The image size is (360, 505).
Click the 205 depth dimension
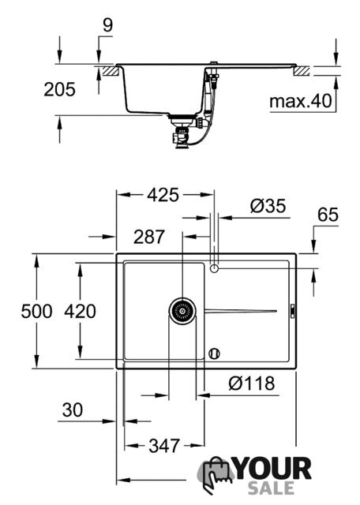[60, 89]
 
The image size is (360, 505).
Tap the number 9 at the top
[108, 24]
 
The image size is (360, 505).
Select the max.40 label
[300, 101]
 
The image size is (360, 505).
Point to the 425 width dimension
[163, 195]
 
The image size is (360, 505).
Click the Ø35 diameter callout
[268, 205]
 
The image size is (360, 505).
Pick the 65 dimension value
[328, 215]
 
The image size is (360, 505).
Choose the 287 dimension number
[149, 237]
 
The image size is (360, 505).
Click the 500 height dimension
[36, 312]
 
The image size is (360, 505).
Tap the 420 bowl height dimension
[80, 312]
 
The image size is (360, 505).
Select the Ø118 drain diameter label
[252, 383]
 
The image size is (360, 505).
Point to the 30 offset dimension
[73, 410]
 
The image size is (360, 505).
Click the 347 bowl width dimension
[164, 446]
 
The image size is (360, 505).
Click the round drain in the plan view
[182, 311]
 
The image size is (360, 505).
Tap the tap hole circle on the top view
[214, 268]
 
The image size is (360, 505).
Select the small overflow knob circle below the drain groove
[214, 353]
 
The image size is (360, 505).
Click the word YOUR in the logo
[273, 469]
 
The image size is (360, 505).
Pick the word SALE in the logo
[271, 488]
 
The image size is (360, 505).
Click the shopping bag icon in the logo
[216, 475]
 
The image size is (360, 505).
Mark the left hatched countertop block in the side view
[111, 71]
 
